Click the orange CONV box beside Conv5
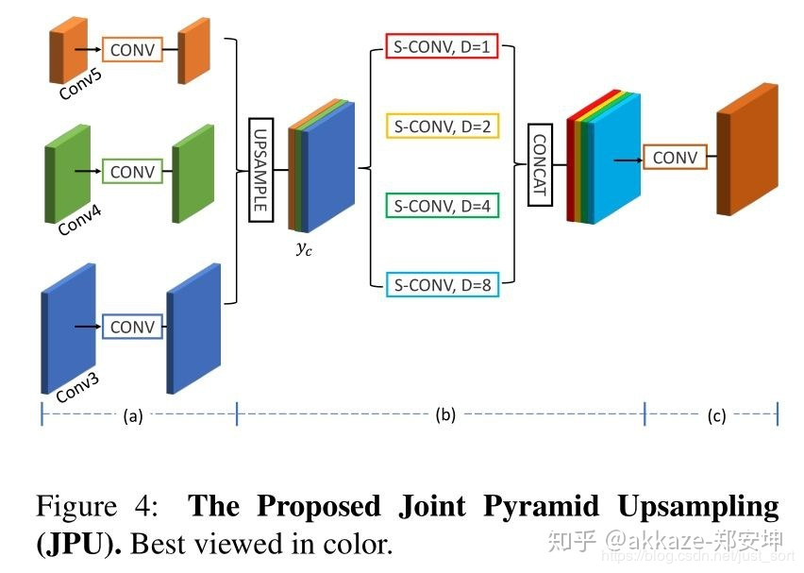click(132, 49)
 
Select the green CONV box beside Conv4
click(132, 172)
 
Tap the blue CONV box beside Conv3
click(132, 327)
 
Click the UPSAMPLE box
click(260, 170)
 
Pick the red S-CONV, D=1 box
click(442, 46)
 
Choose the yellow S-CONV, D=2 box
click(442, 125)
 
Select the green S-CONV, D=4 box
click(442, 205)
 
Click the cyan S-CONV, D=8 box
click(442, 283)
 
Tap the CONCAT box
click(539, 165)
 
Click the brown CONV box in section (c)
click(675, 158)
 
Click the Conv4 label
click(79, 221)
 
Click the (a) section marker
click(133, 415)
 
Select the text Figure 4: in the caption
click(98, 507)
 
